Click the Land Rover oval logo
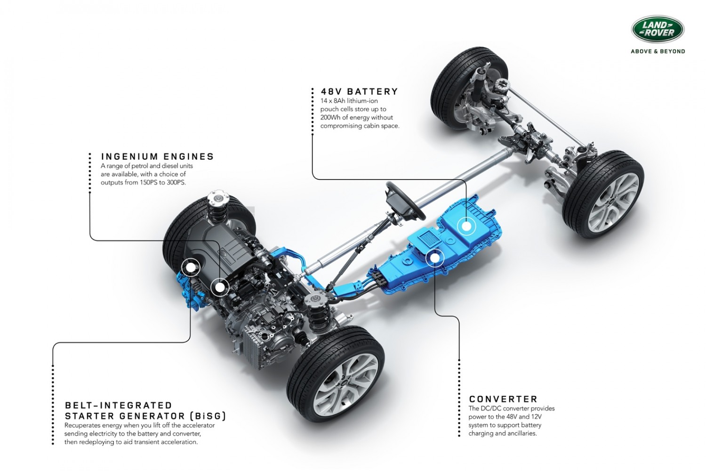click(658, 29)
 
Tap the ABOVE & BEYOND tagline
click(658, 51)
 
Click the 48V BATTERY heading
click(360, 92)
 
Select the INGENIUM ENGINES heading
click(157, 157)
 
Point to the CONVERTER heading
click(503, 399)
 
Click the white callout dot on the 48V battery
click(466, 226)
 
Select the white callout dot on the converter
click(434, 258)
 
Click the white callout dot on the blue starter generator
click(191, 268)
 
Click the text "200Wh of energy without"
click(356, 118)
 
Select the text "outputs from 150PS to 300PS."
click(143, 183)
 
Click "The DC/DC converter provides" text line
click(511, 409)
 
